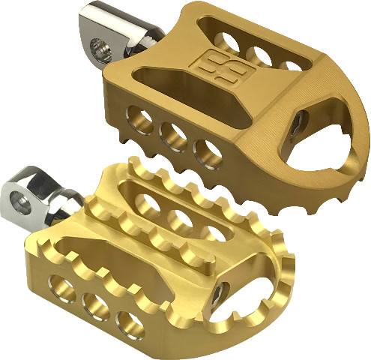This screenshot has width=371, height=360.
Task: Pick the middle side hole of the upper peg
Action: tap(174, 133)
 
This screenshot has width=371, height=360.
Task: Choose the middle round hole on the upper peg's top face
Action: tap(259, 55)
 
